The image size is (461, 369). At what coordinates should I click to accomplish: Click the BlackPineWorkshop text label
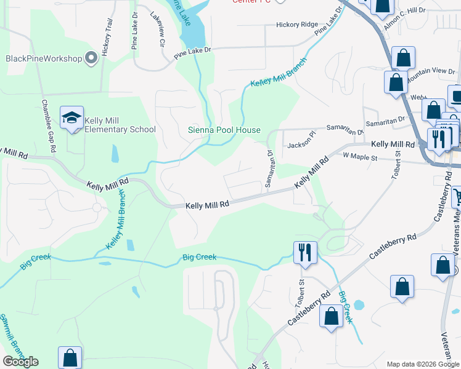[x=44, y=58]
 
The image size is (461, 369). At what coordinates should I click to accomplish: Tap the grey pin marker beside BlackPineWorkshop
[x=91, y=58]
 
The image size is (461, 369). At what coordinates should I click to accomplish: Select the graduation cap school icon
[x=71, y=117]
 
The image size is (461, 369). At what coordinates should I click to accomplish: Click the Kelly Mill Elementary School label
[x=120, y=125]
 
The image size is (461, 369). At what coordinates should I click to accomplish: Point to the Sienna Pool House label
[x=224, y=130]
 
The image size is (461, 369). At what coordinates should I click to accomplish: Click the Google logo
[x=20, y=362]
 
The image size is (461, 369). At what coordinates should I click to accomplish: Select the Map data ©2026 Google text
[x=423, y=364]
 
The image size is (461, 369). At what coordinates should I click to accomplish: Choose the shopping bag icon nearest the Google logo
[x=70, y=358]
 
